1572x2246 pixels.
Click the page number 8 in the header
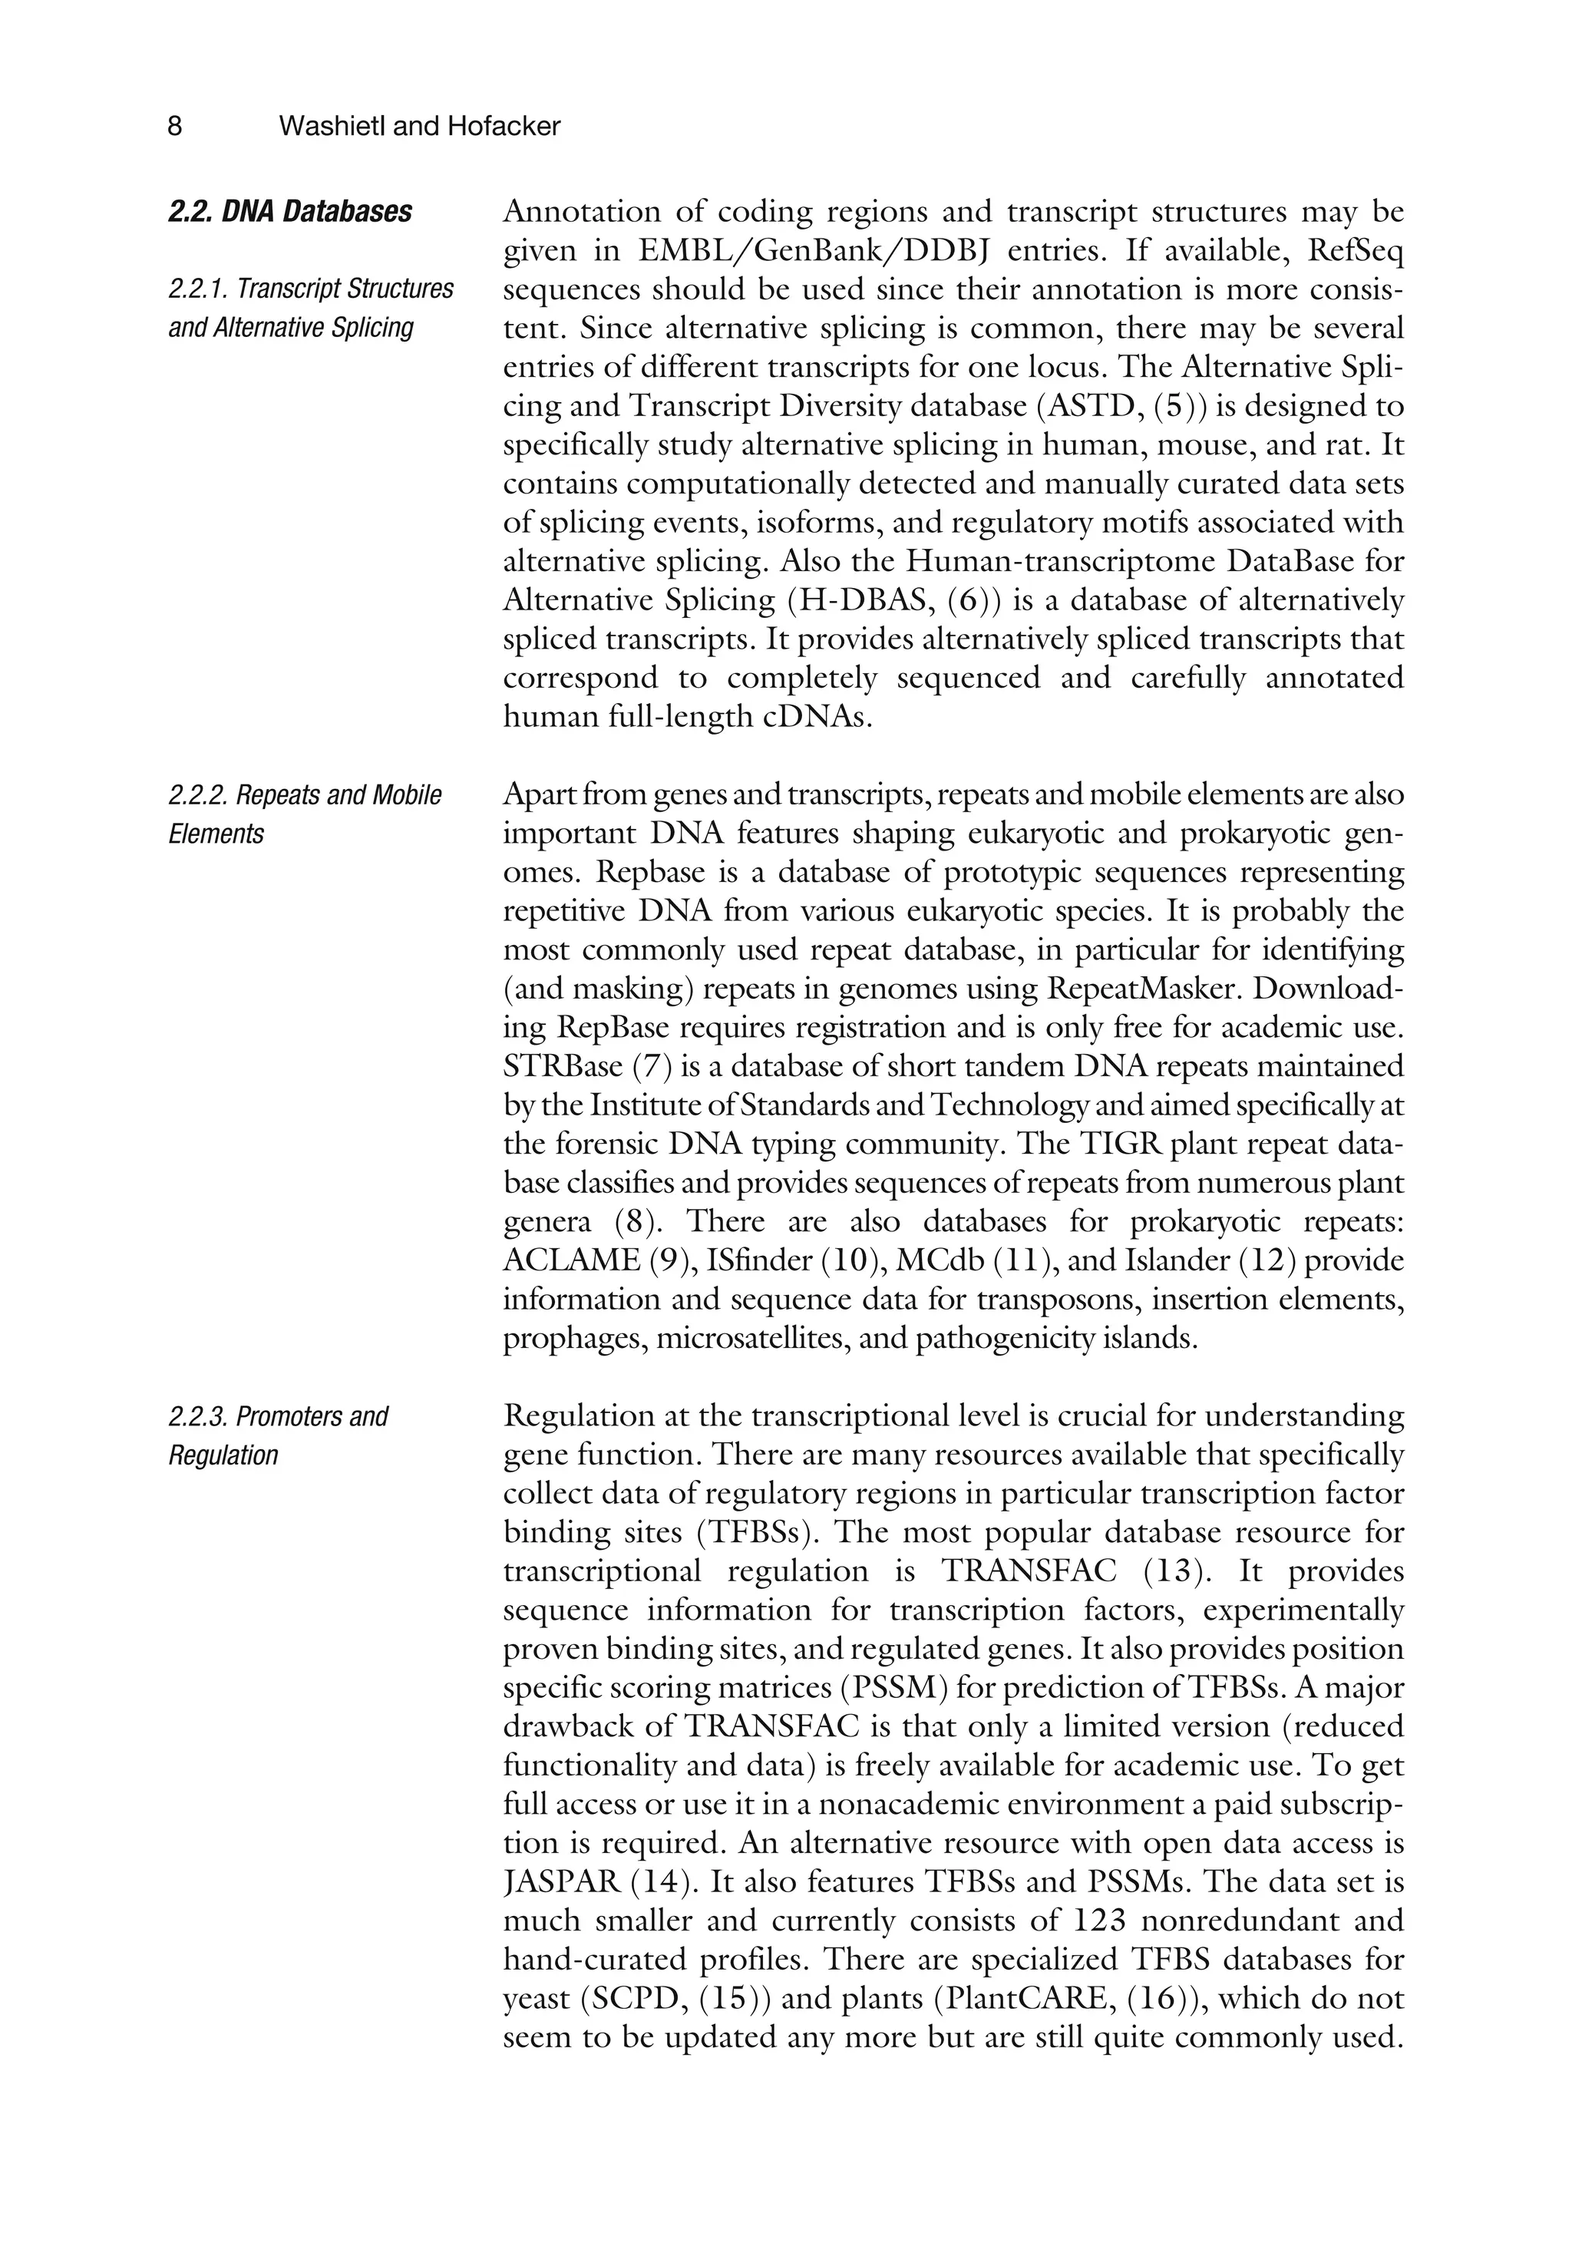pyautogui.click(x=175, y=126)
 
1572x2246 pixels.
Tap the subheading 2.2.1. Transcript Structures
pyautogui.click(x=310, y=289)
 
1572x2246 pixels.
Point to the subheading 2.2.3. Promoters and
pyautogui.click(x=278, y=1416)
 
